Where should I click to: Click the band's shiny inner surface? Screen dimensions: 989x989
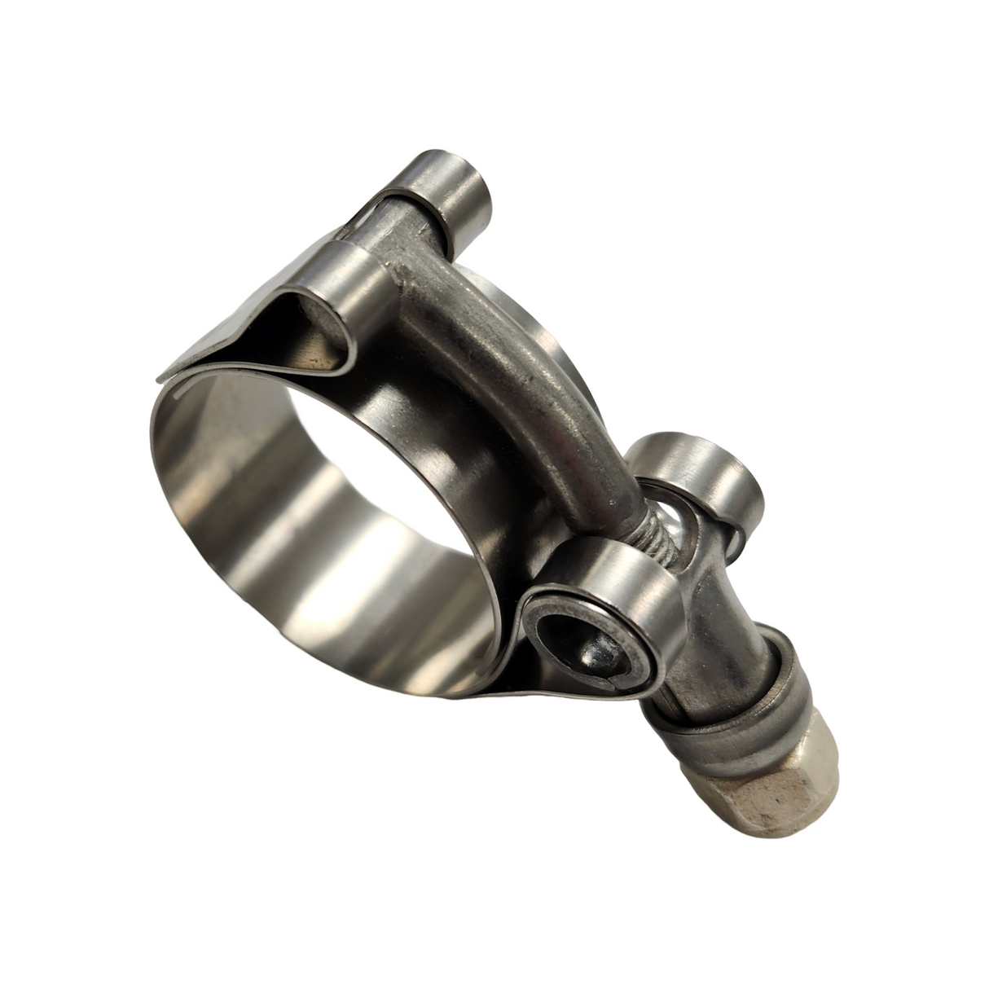pyautogui.click(x=269, y=521)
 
